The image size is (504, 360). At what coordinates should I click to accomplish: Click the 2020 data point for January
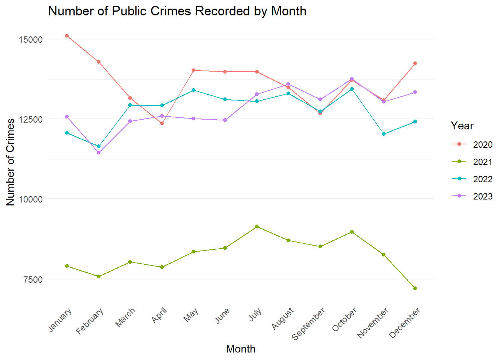67,36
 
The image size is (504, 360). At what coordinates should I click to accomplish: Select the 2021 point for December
415,288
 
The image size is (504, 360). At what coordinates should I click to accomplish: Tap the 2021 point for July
257,226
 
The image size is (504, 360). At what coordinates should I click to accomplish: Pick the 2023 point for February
99,153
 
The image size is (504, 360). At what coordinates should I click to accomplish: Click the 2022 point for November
384,134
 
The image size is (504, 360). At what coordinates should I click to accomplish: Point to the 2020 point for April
162,123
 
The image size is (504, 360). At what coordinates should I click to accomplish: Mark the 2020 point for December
415,63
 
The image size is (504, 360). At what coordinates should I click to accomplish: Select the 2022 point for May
194,90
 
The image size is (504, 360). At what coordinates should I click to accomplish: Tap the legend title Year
462,126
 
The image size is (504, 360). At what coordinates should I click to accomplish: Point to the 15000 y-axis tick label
31,39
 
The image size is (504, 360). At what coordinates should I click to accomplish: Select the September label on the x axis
309,323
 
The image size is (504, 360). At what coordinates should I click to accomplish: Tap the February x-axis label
90,321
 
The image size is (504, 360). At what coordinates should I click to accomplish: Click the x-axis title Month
241,349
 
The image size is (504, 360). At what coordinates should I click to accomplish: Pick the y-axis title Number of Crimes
10,162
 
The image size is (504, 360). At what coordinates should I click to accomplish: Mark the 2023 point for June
225,120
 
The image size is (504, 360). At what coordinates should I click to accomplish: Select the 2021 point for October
352,232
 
